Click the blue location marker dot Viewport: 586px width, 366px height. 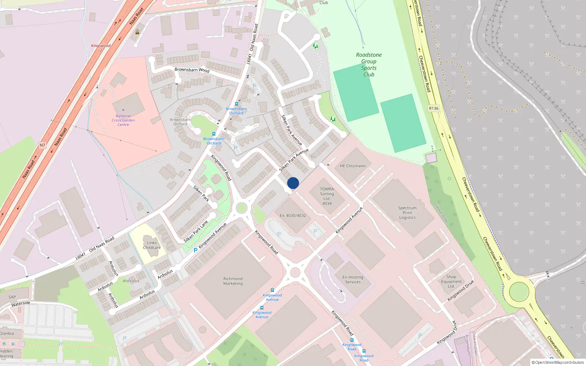[293, 183]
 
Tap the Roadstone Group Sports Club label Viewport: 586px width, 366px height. [369, 64]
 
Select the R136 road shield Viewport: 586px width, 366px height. [434, 108]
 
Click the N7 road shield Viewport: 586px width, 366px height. [42, 145]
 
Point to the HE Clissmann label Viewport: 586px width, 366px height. [352, 166]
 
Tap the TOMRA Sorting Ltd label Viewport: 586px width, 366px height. [327, 196]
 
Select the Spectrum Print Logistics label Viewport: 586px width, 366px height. [407, 213]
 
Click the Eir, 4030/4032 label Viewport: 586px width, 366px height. [293, 216]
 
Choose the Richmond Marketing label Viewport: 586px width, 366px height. [233, 281]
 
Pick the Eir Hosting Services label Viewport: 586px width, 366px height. [353, 280]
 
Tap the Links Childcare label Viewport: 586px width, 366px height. [152, 245]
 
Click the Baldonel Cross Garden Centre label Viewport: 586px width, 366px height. [123, 120]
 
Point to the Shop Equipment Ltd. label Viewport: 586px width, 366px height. [451, 281]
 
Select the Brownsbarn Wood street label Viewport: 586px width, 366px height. [192, 70]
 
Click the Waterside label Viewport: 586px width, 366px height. [21, 303]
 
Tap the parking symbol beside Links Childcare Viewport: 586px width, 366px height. [196, 250]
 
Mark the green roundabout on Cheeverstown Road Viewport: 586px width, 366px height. [519, 292]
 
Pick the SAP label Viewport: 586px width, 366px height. [12, 297]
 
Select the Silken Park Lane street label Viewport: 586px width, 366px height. [196, 231]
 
